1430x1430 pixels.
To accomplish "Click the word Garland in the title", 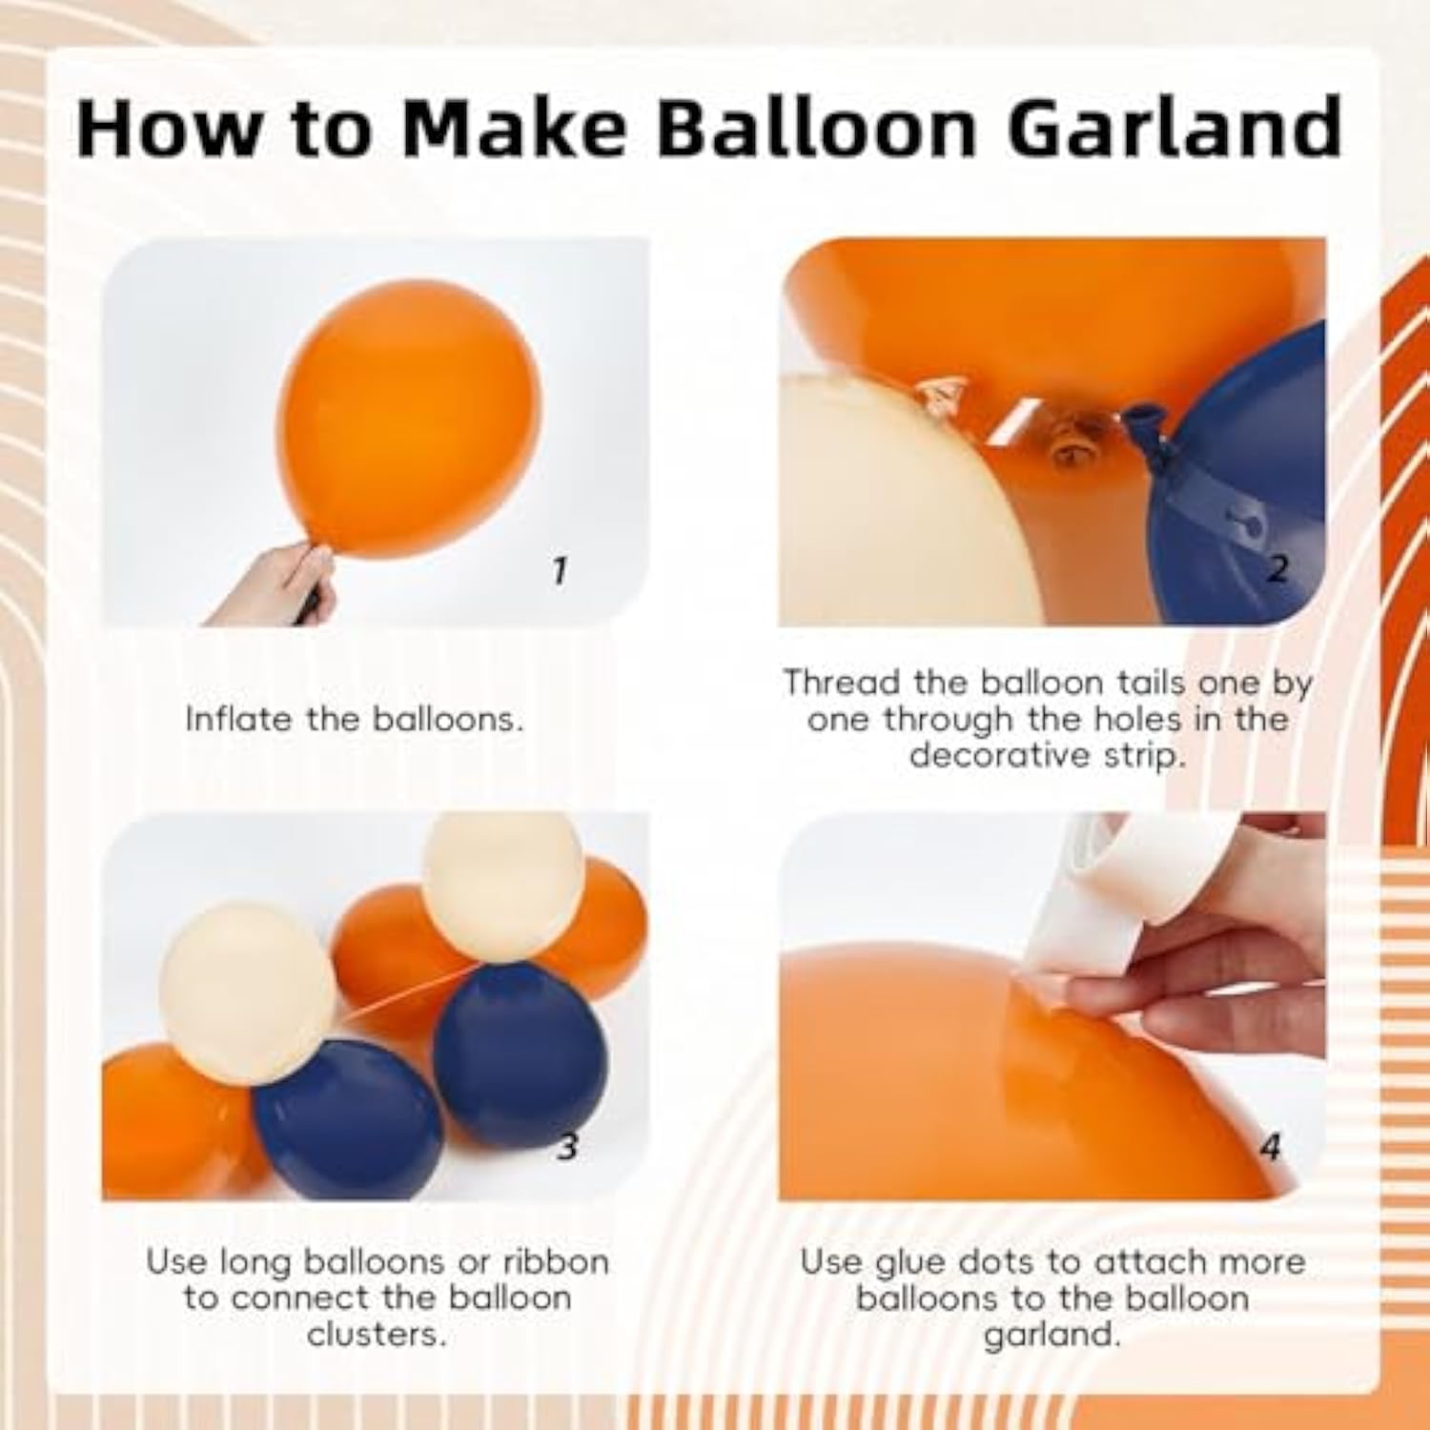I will (x=1175, y=126).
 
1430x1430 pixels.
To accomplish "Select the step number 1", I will (x=560, y=571).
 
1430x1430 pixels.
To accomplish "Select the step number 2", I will (x=1277, y=569).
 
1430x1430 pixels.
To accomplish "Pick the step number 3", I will (x=567, y=1146).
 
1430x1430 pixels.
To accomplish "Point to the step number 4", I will (x=1270, y=1147).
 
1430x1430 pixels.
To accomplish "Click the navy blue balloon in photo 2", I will (x=1239, y=496).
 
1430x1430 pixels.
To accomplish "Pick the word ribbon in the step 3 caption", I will (x=556, y=1262).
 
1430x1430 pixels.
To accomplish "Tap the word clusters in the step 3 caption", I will (x=377, y=1335).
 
